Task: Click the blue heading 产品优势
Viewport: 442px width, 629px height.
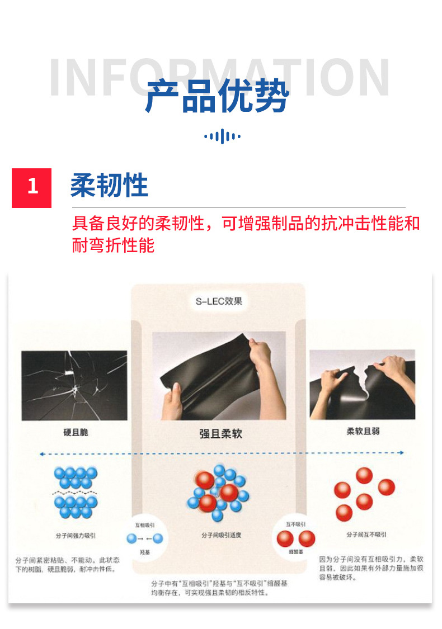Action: click(x=217, y=97)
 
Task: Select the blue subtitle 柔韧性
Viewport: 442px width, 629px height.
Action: click(x=109, y=186)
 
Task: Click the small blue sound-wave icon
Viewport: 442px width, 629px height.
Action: click(x=222, y=136)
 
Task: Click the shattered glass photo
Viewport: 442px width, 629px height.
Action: click(x=74, y=385)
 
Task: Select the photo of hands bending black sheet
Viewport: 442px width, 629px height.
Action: click(x=219, y=376)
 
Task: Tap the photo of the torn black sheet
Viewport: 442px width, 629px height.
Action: click(x=362, y=384)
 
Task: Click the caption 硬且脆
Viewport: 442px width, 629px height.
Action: click(x=76, y=432)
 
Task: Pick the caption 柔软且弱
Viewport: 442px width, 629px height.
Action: click(x=363, y=432)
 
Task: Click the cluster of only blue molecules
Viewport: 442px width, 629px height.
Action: click(x=75, y=493)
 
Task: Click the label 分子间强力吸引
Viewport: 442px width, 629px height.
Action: click(x=76, y=535)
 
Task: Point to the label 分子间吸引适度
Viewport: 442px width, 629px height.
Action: click(x=221, y=535)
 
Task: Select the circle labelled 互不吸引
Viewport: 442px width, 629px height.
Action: click(x=296, y=537)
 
